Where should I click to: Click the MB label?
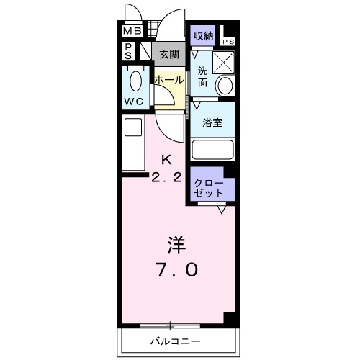point(131,31)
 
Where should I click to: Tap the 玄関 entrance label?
point(169,53)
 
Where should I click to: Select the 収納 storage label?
point(203,35)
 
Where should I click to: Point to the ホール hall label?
point(168,79)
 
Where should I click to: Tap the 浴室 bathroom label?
point(212,122)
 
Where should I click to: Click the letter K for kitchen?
point(166,159)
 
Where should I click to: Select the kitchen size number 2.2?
point(166,177)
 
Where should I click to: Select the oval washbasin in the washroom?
point(225,86)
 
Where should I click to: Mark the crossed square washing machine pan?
point(225,63)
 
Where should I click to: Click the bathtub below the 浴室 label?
point(214,150)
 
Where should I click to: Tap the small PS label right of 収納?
point(228,42)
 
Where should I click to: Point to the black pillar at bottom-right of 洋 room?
point(230,318)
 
